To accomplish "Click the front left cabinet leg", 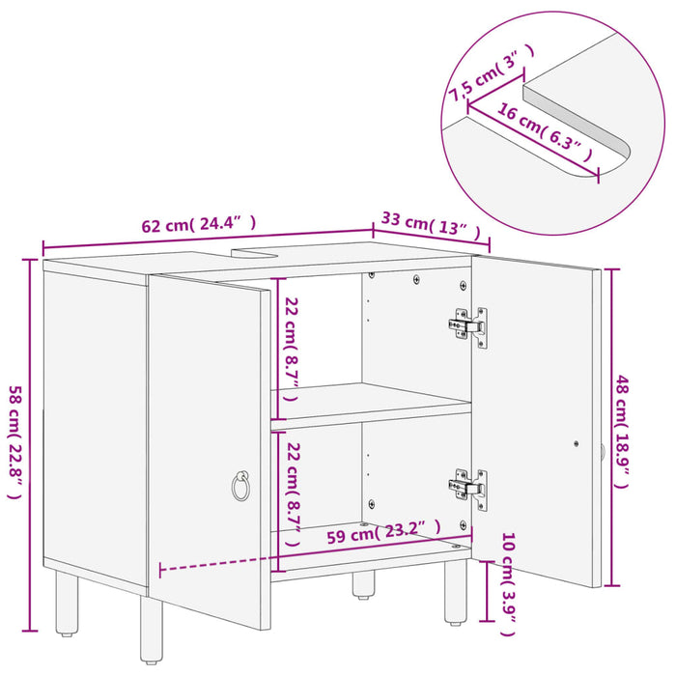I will coord(153,633).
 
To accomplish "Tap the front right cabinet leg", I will coord(455,591).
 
